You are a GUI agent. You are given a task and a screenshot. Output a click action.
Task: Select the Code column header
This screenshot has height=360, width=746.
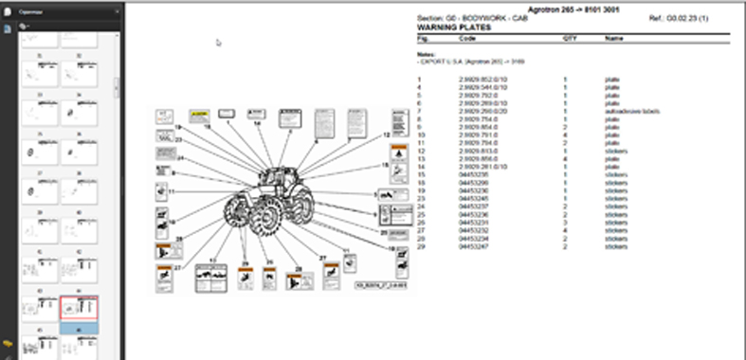point(467,40)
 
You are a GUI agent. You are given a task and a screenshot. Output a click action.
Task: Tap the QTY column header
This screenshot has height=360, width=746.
point(570,40)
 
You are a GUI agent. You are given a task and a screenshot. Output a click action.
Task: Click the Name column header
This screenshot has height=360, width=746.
point(613,40)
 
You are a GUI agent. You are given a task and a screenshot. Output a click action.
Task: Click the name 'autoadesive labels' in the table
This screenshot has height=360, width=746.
point(631,112)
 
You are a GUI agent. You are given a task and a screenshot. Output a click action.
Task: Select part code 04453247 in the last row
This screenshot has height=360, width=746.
point(472,246)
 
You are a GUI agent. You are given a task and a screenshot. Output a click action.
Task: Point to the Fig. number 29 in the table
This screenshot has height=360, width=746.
point(421,246)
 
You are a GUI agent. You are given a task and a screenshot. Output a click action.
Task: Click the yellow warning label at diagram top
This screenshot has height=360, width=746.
point(198,115)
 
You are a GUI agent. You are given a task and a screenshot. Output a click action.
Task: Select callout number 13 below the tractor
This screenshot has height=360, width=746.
point(213,259)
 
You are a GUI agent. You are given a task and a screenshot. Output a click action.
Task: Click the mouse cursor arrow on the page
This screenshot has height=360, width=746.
point(218,43)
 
